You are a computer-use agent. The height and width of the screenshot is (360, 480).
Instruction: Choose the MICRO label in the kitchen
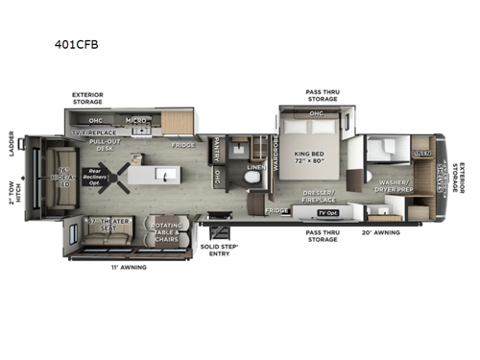pyautogui.click(x=135, y=121)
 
